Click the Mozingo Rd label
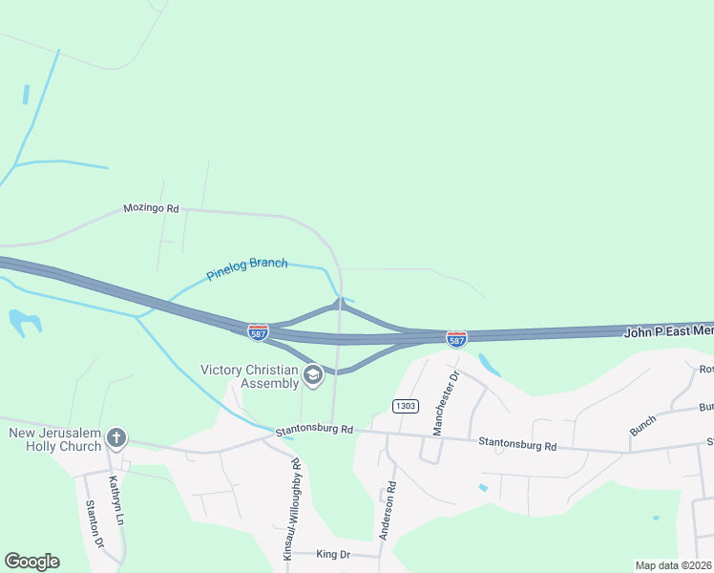click(151, 208)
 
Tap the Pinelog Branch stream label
click(247, 269)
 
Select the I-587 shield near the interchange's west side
click(258, 332)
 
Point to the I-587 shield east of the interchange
click(456, 339)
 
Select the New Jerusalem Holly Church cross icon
click(116, 438)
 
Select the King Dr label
click(333, 554)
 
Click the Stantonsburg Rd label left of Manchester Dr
click(314, 431)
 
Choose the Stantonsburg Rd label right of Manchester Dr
click(517, 445)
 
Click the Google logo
click(31, 562)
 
